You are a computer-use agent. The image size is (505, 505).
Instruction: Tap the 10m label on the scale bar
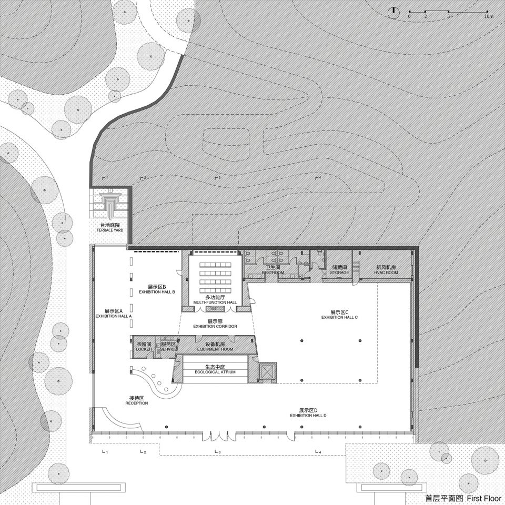(x=488, y=17)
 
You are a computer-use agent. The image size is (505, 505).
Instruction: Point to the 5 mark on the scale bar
(x=448, y=17)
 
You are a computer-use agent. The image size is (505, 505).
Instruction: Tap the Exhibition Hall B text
(x=157, y=289)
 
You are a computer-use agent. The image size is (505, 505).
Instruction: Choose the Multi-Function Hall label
(x=215, y=300)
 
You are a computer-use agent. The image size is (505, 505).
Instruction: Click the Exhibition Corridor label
(x=215, y=324)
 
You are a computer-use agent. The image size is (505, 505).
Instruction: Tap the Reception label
(x=137, y=400)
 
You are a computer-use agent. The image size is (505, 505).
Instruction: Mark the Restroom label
(x=273, y=270)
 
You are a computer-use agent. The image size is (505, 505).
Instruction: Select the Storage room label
(x=339, y=270)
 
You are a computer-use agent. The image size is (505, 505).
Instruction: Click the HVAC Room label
(x=386, y=270)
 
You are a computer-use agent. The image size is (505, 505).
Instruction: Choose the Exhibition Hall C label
(x=340, y=315)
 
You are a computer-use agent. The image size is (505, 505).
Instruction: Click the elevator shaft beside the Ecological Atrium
(x=265, y=372)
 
